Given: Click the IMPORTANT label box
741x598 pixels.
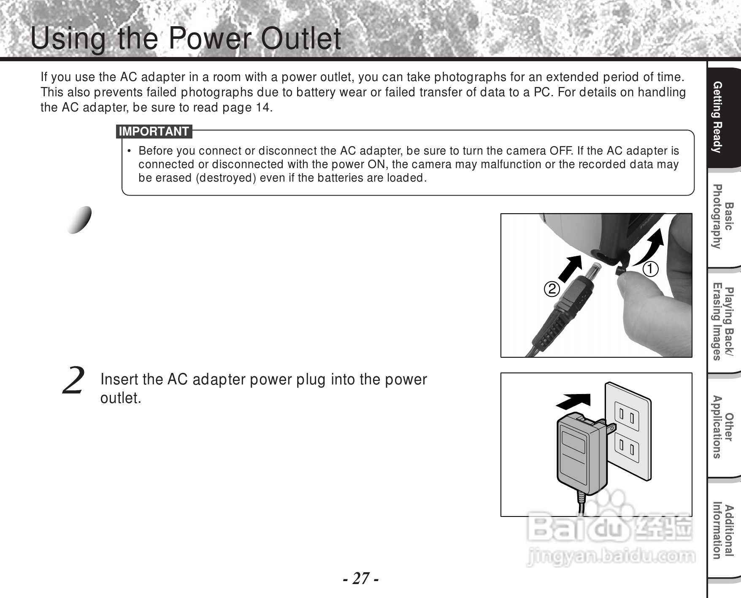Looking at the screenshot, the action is (154, 132).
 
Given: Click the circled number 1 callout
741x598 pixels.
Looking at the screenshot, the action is (650, 269).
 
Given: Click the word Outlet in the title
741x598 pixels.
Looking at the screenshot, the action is (300, 39).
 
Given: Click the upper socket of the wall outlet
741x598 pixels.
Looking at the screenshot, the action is (627, 416).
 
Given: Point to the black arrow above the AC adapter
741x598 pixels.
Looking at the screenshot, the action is (573, 401).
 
